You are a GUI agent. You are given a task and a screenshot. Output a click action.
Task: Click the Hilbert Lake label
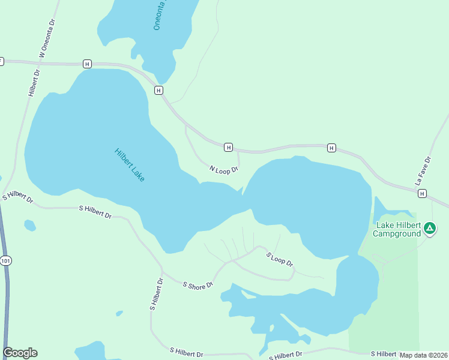(129, 165)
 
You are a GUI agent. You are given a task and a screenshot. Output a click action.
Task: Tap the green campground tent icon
(430, 228)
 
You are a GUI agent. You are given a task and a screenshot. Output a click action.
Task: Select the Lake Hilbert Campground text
(398, 229)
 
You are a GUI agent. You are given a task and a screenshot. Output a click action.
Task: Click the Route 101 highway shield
(6, 260)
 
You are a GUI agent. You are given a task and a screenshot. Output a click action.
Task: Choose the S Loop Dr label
(280, 259)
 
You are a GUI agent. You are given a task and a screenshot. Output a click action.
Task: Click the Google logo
(20, 353)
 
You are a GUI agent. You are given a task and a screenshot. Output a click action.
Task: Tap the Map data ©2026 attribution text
(424, 355)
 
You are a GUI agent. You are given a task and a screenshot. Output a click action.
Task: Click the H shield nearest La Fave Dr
(423, 193)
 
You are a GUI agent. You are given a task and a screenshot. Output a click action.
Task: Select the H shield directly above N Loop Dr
(228, 147)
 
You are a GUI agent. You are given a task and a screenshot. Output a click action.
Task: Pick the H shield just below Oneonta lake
(158, 90)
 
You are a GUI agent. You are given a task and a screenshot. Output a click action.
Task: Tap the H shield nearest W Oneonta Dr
(88, 64)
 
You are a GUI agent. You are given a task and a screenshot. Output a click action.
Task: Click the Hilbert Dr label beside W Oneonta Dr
(34, 83)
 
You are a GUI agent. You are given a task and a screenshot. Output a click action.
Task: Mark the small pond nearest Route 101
(29, 225)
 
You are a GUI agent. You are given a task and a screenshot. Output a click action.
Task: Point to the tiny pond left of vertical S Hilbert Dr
(119, 313)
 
